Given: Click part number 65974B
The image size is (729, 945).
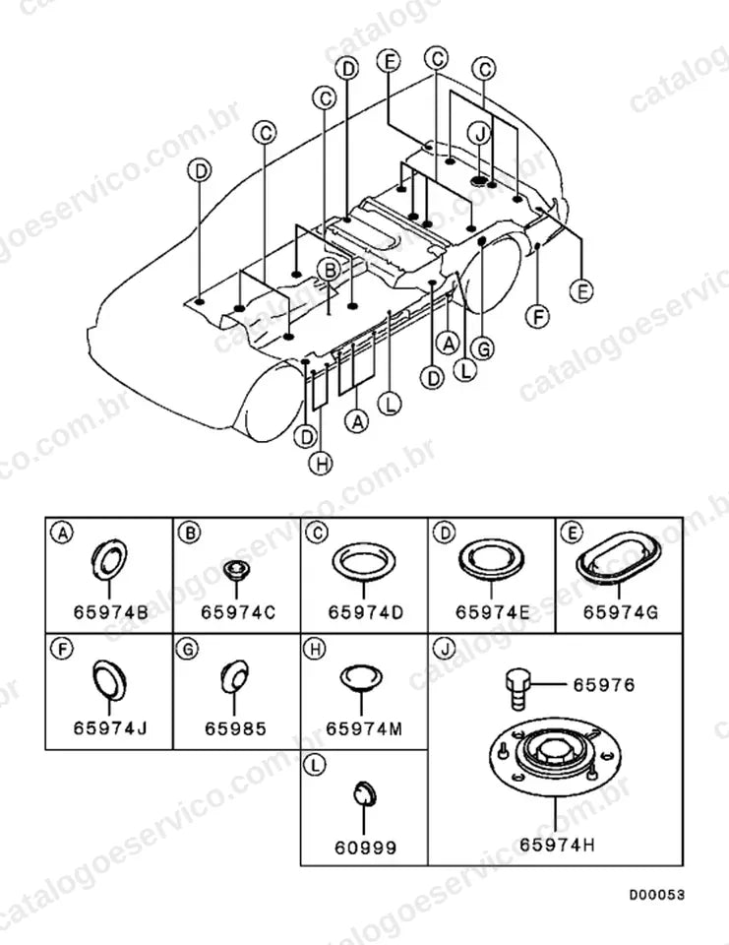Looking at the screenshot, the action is coord(110,612).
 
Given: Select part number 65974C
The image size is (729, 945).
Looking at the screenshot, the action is coord(238,612).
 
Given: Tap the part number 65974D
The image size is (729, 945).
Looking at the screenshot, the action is coord(365,612).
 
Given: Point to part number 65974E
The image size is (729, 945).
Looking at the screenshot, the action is coord(493,612).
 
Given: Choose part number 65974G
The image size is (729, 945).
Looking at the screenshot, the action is coord(621,612).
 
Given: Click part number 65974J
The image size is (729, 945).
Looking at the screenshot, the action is coord(110,728).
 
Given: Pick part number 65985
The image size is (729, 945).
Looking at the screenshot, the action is coord(235,728).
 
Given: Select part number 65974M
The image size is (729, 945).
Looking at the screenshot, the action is coord(364,728).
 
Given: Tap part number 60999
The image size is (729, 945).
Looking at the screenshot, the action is coord(365,848).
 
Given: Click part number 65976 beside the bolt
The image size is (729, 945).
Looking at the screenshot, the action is coord(604,685).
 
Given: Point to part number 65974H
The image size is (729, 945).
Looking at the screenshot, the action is coord(557,845).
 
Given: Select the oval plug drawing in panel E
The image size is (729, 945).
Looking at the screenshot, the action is coord(618,558).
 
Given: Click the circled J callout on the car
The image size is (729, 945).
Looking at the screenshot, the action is coord(480,134).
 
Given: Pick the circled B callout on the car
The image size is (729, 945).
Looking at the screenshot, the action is coord(329,271).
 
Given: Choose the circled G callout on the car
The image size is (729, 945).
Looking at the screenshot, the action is coord(483,348).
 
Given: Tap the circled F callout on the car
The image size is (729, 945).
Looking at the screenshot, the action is coord(537,316).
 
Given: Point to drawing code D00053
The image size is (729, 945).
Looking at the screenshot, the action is coord(657,895).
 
